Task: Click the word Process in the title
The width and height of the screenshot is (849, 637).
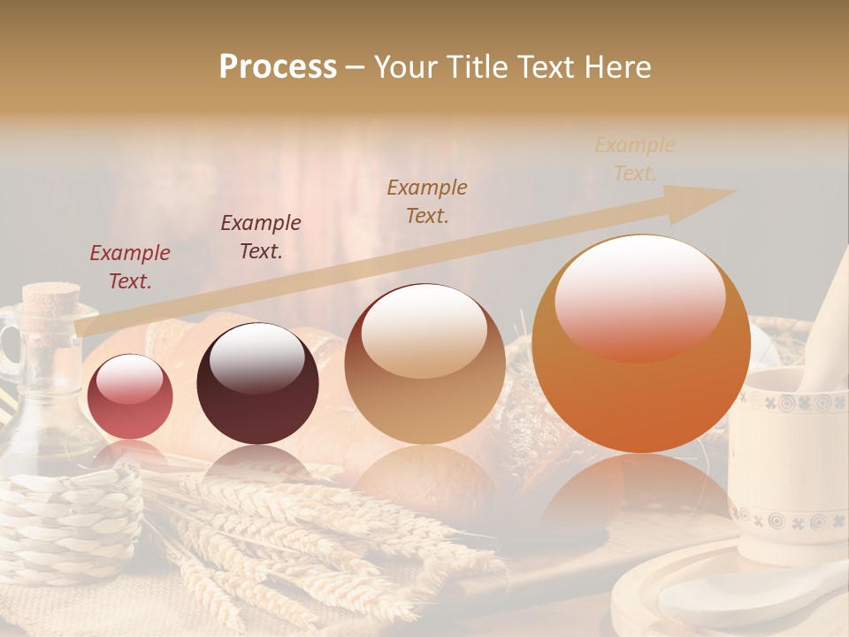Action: tap(278, 67)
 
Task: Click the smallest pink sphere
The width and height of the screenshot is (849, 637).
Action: tap(130, 396)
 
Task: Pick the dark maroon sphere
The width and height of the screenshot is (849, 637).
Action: tap(257, 383)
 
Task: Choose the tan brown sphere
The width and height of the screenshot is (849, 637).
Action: tap(424, 364)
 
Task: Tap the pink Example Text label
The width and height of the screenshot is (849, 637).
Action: tap(130, 267)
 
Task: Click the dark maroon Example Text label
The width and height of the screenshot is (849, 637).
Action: tap(261, 237)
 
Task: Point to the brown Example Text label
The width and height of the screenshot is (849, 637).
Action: tap(427, 202)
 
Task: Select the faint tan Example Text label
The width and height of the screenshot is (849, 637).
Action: tap(635, 159)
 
